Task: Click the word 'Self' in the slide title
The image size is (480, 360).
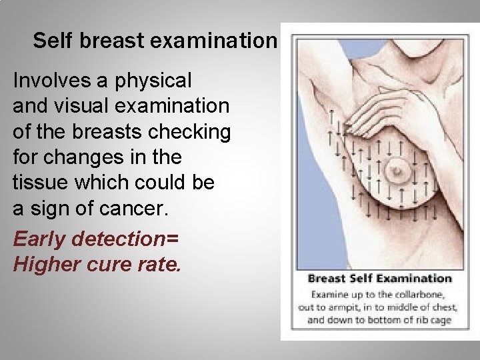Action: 52,41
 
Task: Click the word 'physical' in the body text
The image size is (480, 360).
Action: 153,82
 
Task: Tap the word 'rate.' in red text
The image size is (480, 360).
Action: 159,265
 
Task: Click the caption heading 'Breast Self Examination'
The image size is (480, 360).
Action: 379,279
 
